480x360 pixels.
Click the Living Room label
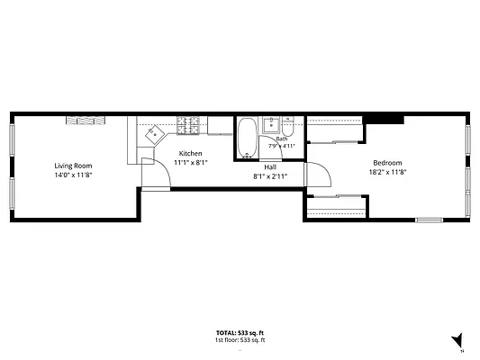(73, 166)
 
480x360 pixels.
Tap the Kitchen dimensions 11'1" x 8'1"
(191, 163)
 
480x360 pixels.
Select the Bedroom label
(387, 163)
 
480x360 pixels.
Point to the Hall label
(270, 167)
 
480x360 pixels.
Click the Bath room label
(282, 139)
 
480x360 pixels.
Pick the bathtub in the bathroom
(247, 138)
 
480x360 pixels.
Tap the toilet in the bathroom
(287, 127)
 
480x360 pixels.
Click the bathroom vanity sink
(271, 124)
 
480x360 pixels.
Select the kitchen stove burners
(187, 125)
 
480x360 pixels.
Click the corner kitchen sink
(155, 134)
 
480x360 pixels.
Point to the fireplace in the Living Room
(86, 121)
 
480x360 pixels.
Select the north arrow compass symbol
(457, 340)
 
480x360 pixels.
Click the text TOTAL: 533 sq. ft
(240, 333)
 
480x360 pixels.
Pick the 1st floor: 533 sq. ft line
(240, 340)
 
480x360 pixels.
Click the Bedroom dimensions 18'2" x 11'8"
(387, 172)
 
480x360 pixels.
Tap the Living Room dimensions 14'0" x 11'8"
(73, 175)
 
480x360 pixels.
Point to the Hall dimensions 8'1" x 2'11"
(270, 176)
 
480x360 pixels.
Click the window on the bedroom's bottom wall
(430, 220)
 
